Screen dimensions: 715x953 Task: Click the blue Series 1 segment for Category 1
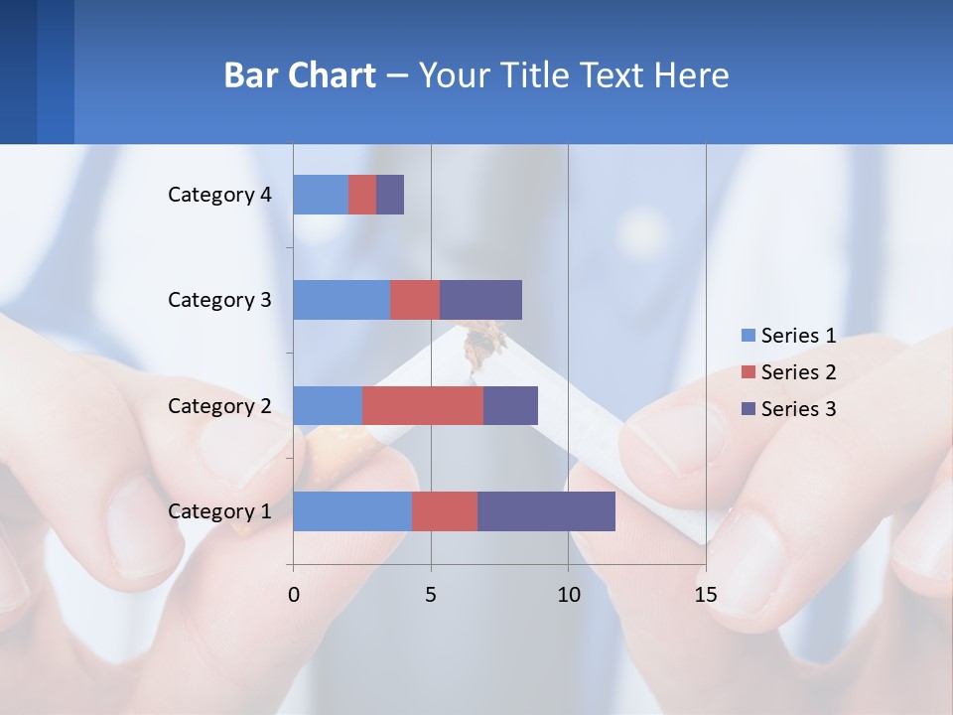351,511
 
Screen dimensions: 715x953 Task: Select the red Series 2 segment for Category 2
422,406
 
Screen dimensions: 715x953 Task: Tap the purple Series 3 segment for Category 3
480,300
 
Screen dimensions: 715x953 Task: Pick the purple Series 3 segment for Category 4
390,195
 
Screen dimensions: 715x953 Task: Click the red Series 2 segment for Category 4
362,195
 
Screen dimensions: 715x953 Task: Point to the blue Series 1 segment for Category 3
340,300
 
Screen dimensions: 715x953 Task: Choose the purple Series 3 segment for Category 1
546,511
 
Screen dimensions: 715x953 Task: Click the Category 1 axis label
219,511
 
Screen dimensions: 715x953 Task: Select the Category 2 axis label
219,406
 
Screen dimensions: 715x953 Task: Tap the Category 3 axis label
219,300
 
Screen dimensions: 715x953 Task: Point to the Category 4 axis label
219,195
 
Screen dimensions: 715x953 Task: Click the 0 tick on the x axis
293,595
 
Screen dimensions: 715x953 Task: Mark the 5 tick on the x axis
431,595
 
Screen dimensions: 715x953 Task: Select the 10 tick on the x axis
568,595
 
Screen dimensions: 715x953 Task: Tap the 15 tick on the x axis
706,595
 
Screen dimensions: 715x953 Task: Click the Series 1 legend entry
788,336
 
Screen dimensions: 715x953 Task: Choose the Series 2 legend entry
788,372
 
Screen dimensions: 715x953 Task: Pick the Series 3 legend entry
788,409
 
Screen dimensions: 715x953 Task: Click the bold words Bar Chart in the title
300,75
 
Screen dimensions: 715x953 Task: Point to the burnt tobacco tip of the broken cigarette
483,343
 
